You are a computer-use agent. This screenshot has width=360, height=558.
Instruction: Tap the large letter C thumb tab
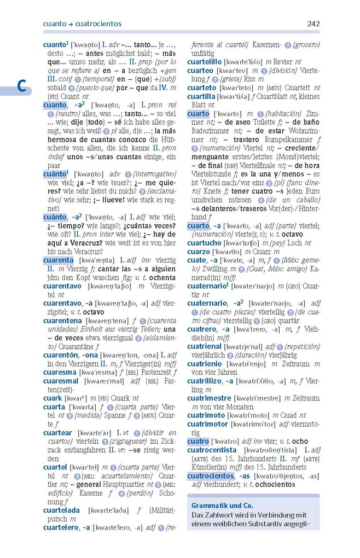tap(21, 86)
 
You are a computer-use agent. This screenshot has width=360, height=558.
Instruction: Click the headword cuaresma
tap(60, 372)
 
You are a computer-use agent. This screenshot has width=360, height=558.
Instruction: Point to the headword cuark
tap(53, 398)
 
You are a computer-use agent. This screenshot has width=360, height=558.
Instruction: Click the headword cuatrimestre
tap(209, 398)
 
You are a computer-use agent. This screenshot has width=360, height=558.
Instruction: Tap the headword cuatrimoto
tap(206, 415)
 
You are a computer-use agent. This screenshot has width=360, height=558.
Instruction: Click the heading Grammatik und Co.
tap(222, 506)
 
